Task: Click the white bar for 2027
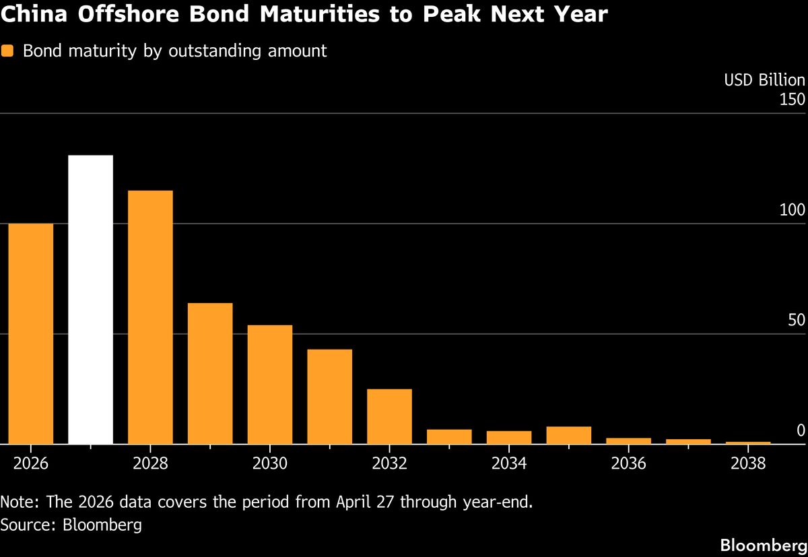(90, 300)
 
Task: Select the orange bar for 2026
(30, 333)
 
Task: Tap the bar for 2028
(150, 317)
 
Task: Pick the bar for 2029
(210, 374)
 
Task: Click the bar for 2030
(269, 385)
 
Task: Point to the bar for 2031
(329, 397)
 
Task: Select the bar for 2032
(389, 416)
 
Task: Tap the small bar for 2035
(568, 435)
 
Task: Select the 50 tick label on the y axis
(796, 320)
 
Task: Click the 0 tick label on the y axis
(800, 430)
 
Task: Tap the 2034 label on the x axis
(509, 463)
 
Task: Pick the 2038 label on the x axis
(748, 463)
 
